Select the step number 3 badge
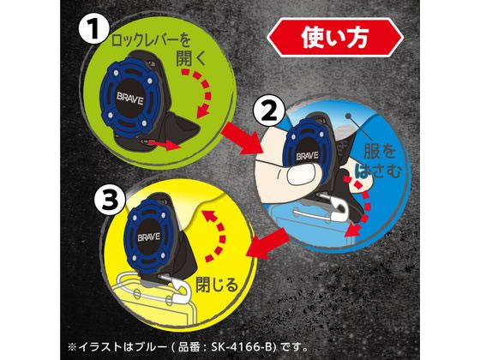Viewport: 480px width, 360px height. click(x=111, y=200)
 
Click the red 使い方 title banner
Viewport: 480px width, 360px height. click(x=335, y=38)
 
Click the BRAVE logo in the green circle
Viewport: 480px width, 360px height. click(x=129, y=99)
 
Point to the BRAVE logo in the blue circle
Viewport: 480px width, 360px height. click(x=307, y=156)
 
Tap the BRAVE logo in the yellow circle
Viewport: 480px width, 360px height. click(x=149, y=237)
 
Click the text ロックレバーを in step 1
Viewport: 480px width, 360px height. click(x=151, y=40)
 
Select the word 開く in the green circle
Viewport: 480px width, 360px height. click(x=191, y=58)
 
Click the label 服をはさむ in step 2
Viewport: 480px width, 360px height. click(x=381, y=162)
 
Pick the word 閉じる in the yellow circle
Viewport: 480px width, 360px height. click(x=217, y=284)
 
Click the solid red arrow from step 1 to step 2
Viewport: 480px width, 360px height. click(x=241, y=138)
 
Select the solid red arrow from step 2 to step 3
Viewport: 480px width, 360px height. click(x=267, y=244)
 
